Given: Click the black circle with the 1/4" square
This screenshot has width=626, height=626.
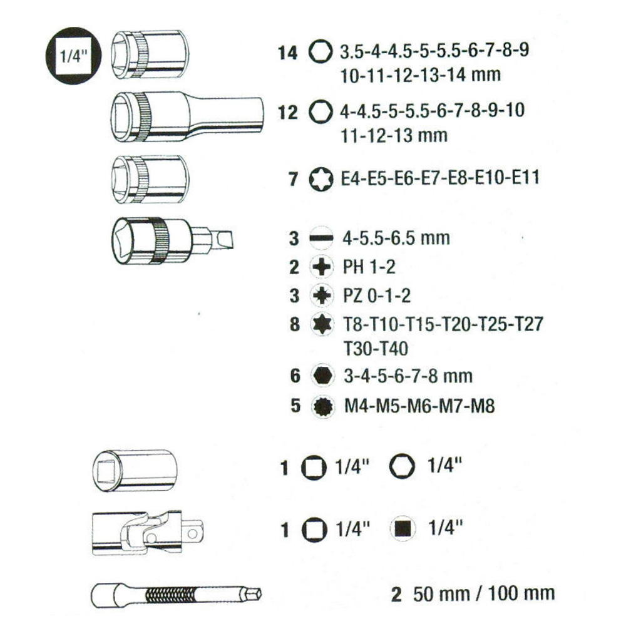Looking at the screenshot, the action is point(73,56).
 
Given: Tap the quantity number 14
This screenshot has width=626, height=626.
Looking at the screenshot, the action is point(287,53).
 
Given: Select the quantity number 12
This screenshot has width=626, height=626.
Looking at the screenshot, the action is point(287,113).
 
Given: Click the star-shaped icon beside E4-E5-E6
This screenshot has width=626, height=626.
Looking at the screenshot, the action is point(321,179).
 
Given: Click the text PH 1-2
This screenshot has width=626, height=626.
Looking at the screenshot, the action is point(369,267).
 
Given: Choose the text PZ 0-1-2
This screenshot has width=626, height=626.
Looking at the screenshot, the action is point(377,296).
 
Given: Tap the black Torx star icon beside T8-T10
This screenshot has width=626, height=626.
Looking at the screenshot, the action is point(322,324).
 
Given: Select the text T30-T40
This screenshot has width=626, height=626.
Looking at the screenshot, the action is point(376,349).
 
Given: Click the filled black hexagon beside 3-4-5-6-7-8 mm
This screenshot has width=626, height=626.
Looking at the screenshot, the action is point(322,375).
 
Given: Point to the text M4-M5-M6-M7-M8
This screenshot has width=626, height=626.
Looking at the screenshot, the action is point(419,406).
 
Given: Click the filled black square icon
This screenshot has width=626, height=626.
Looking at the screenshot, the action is point(403,529).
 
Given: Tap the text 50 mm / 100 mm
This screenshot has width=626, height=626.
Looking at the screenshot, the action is point(484,593).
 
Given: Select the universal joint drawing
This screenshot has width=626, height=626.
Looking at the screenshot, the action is point(148,533).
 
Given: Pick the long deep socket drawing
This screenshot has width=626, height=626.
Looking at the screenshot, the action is point(187,116).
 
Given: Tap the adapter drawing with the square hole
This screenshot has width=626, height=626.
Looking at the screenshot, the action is point(135,471).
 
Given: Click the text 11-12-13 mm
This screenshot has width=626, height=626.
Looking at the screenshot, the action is point(394,136).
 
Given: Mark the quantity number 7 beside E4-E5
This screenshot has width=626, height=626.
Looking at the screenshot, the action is point(294,179).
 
